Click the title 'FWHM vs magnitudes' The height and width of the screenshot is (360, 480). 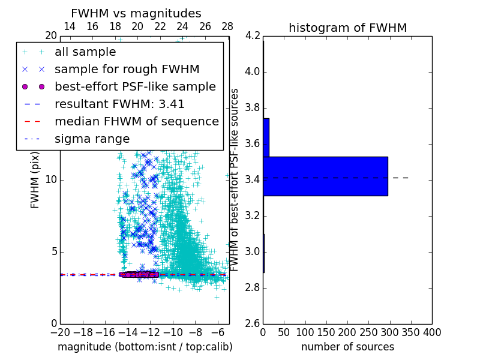click(136, 14)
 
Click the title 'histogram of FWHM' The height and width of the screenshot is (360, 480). click(347, 28)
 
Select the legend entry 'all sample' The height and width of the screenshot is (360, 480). click(85, 52)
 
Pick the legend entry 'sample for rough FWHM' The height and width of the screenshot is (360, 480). click(127, 70)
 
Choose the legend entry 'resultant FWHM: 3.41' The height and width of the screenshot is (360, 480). click(119, 104)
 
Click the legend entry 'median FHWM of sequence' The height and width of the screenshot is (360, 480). click(136, 121)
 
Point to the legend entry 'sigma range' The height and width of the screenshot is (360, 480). click(92, 139)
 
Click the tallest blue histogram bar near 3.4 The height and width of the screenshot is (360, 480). click(325, 176)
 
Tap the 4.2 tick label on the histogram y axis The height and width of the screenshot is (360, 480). click(252, 36)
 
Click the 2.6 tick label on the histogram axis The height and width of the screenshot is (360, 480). click(252, 323)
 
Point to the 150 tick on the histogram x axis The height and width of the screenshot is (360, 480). click(326, 332)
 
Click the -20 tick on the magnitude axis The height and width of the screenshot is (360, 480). click(60, 332)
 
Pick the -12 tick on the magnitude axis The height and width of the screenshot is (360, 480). click(150, 332)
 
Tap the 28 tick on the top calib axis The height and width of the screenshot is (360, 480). click(227, 26)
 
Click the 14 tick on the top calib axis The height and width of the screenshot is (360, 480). click(70, 26)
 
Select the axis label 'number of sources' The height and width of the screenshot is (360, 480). click(347, 347)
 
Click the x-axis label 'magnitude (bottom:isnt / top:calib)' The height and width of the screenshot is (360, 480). click(145, 347)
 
